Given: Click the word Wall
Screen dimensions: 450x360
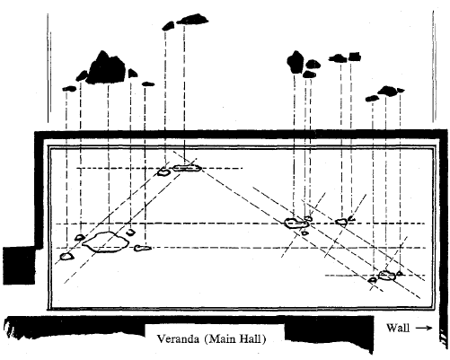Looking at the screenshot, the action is pos(398,328).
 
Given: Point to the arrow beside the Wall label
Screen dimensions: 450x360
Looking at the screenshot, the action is pos(424,328).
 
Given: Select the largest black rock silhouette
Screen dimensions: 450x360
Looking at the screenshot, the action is pos(106,68).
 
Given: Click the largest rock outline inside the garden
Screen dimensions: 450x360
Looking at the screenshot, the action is pos(105,242).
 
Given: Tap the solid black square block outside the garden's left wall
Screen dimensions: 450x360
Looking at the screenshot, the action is pos(19,266).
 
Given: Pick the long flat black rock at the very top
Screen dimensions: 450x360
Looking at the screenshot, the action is pos(192,19).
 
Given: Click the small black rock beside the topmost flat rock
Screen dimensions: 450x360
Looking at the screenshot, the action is pos(168,26).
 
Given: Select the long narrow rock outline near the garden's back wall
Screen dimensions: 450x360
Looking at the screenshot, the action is pos(187,168).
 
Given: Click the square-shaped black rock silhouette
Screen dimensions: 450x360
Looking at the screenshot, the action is pos(355,57).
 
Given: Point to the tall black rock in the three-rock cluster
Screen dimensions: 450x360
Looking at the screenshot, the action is pos(296,62).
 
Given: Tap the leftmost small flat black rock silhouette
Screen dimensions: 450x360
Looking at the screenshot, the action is pos(69,88).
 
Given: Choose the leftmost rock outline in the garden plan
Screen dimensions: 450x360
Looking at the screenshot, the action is pos(66,257).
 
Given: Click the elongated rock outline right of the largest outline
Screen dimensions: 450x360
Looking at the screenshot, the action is pos(142,248).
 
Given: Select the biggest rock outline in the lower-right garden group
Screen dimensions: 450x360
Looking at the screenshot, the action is pos(387,276).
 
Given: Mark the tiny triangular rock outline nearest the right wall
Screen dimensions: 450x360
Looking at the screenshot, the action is pos(399,273).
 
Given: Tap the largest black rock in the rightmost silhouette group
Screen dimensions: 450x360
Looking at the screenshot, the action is pos(387,91).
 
